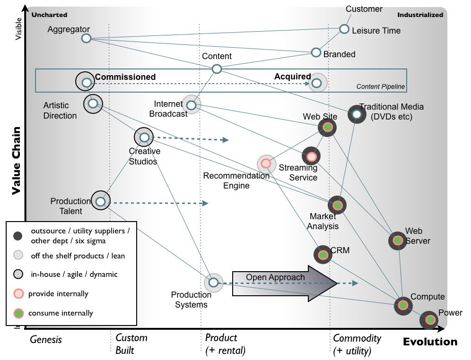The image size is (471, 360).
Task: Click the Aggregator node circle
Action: tap(86, 38)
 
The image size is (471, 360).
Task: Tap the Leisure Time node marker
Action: tap(344, 29)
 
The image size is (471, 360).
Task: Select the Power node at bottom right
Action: tap(429, 320)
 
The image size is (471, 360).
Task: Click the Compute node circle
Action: tap(403, 306)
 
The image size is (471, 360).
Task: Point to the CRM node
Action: tap(323, 255)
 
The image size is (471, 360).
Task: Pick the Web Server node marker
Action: tap(398, 241)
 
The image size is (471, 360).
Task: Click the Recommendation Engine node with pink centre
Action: tap(266, 163)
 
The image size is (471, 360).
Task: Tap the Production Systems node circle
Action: tap(213, 283)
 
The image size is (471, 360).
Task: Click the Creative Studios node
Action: tap(144, 137)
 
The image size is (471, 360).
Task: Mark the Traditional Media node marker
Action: tap(357, 114)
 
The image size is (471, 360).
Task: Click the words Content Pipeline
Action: tap(380, 87)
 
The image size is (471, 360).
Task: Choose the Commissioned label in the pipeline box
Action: tap(125, 77)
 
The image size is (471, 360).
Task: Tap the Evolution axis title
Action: tap(430, 342)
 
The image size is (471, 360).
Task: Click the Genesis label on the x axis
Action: tap(46, 339)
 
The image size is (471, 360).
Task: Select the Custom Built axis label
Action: tap(131, 344)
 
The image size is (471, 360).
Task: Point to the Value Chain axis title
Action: tap(16, 160)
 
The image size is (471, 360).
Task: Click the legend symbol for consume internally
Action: tap(18, 313)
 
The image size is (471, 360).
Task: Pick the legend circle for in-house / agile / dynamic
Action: tap(18, 274)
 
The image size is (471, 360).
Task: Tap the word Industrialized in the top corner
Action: tap(420, 15)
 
